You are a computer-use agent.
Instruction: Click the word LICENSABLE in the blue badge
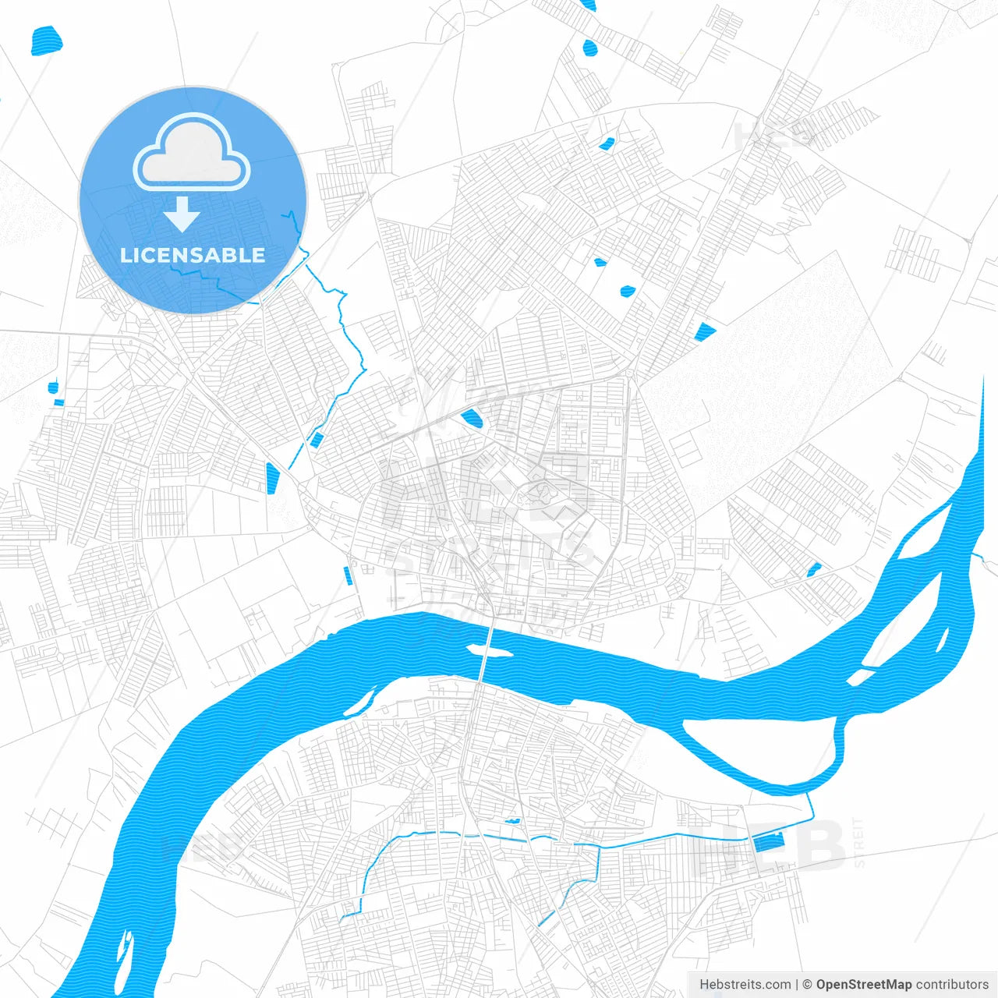[193, 255]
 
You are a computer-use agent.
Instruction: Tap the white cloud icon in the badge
[192, 153]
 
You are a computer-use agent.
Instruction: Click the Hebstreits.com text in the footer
[745, 985]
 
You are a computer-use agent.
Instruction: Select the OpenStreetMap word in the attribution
[864, 985]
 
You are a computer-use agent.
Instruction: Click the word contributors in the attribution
[952, 985]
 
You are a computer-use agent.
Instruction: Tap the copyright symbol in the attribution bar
[808, 985]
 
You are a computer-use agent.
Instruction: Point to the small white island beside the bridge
[490, 649]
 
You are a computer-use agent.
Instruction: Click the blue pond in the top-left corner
[45, 41]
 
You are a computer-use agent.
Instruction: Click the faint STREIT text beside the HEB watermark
[859, 842]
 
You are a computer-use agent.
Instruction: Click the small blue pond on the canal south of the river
[512, 821]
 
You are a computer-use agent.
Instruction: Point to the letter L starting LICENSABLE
[125, 255]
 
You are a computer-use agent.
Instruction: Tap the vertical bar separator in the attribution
[797, 985]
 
